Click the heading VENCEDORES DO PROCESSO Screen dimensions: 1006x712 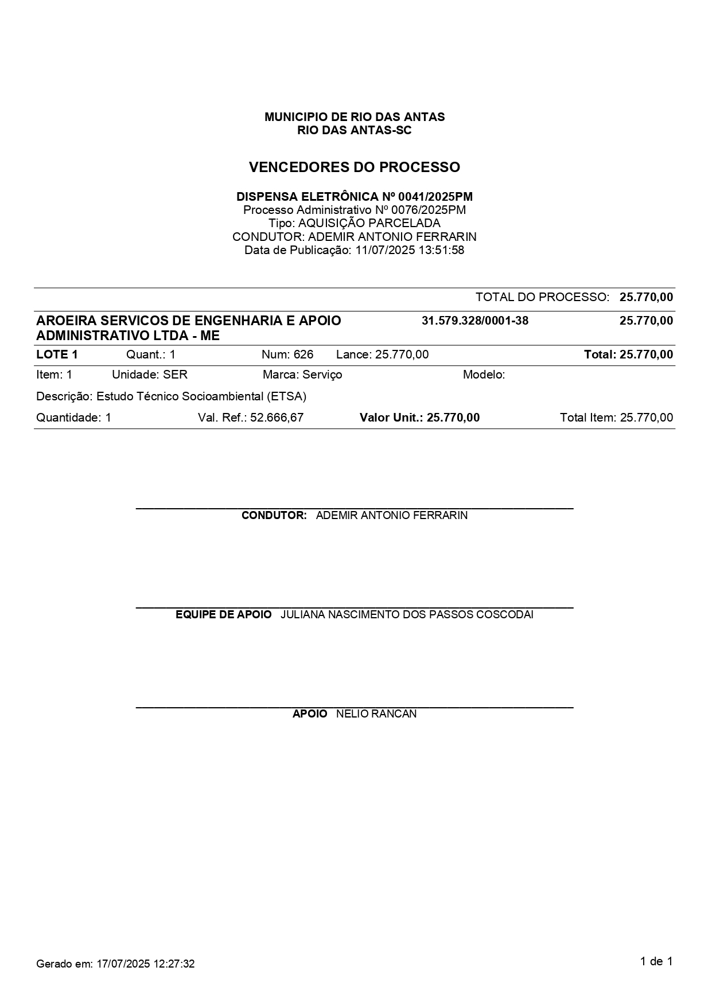pyautogui.click(x=354, y=167)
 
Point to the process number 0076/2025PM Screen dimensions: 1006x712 pyautogui.click(x=428, y=210)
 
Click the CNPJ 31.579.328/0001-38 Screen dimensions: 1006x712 pyautogui.click(x=474, y=321)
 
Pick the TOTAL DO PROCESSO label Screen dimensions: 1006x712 pyautogui.click(x=542, y=297)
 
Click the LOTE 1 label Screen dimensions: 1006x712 pyautogui.click(x=57, y=354)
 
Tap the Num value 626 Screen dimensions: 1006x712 pyautogui.click(x=304, y=354)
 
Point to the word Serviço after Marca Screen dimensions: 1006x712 pyautogui.click(x=322, y=375)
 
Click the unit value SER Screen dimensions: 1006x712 pyautogui.click(x=175, y=375)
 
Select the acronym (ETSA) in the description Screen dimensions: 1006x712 pyautogui.click(x=287, y=396)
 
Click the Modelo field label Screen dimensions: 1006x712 pyautogui.click(x=484, y=375)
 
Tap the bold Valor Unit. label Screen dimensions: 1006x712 pyautogui.click(x=391, y=418)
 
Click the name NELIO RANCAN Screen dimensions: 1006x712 pyautogui.click(x=376, y=714)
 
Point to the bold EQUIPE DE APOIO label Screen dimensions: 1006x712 pyautogui.click(x=223, y=615)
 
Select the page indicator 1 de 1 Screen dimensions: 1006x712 pyautogui.click(x=656, y=962)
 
